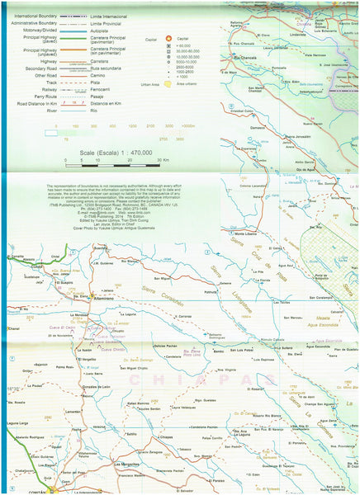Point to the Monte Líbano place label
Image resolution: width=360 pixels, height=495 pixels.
click(248, 234)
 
